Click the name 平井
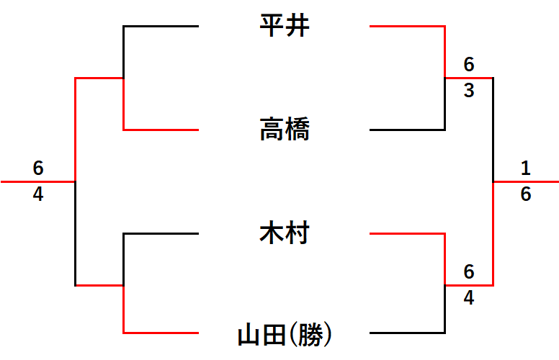[285, 26]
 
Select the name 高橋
[285, 129]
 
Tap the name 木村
[285, 233]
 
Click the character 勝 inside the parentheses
[310, 334]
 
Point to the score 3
[469, 90]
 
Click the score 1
[525, 168]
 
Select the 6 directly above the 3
[469, 65]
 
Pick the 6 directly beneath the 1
[525, 194]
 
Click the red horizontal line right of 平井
[407, 26]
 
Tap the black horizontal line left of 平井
[161, 26]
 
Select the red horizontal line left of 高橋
[161, 130]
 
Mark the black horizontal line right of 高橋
[407, 130]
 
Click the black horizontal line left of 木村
[161, 233]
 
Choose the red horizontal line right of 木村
[407, 233]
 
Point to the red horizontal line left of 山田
[161, 333]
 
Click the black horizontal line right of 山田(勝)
[407, 333]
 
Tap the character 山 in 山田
[249, 334]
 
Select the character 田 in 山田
[274, 334]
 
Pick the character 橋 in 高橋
[298, 129]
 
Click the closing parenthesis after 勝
[328, 334]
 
